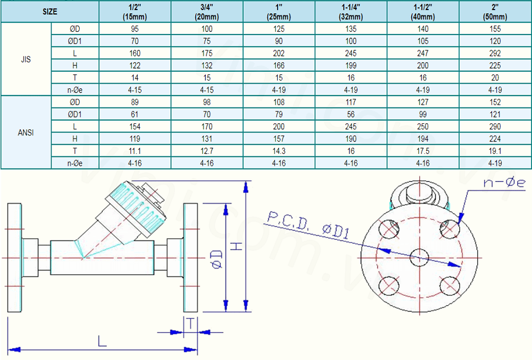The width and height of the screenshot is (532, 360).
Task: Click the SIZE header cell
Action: pyautogui.click(x=50, y=12)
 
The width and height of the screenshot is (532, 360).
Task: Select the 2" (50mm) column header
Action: pyautogui.click(x=496, y=12)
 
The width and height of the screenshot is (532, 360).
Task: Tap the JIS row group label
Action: pyautogui.click(x=26, y=60)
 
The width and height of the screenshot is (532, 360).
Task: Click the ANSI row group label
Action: pyautogui.click(x=26, y=132)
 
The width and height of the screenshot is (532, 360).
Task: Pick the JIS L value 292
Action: pyautogui.click(x=496, y=53)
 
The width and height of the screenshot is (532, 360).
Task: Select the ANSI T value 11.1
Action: pyautogui.click(x=135, y=151)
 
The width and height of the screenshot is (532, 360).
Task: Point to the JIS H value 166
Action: pyautogui.click(x=279, y=65)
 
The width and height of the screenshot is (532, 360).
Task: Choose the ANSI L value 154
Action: pyautogui.click(x=135, y=127)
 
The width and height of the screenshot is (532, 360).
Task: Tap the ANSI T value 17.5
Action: pyautogui.click(x=423, y=151)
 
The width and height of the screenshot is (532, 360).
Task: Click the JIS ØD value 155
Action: pyautogui.click(x=496, y=29)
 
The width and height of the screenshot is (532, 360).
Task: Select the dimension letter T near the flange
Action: pyautogui.click(x=190, y=323)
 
